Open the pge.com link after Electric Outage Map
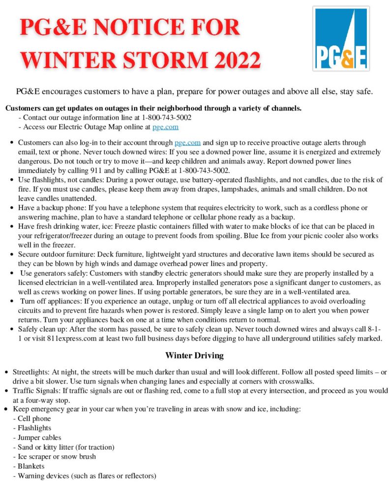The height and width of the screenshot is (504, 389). [165, 127]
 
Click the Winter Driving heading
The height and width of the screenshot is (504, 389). [194, 355]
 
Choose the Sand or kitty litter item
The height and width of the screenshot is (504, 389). [65, 447]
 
